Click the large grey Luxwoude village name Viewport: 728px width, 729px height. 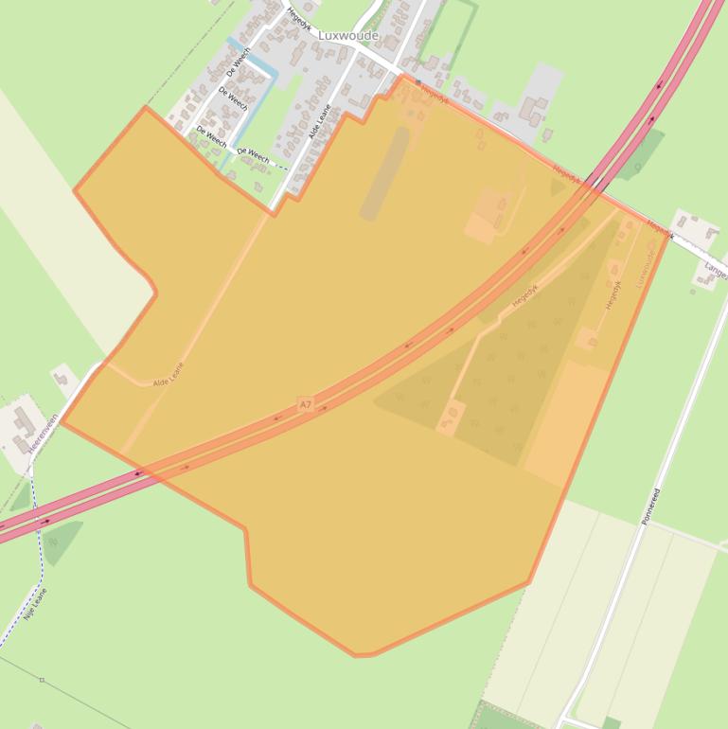tap(347, 36)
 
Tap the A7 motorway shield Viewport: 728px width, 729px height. tap(305, 404)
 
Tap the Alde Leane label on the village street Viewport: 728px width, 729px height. tap(319, 121)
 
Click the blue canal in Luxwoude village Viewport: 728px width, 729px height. tap(253, 104)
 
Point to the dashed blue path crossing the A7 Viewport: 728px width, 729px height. tap(36, 519)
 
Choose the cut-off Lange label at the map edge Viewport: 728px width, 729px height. tap(716, 271)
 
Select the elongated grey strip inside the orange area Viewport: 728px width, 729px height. tap(384, 173)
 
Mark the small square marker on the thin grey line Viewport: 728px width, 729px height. tap(42, 680)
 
